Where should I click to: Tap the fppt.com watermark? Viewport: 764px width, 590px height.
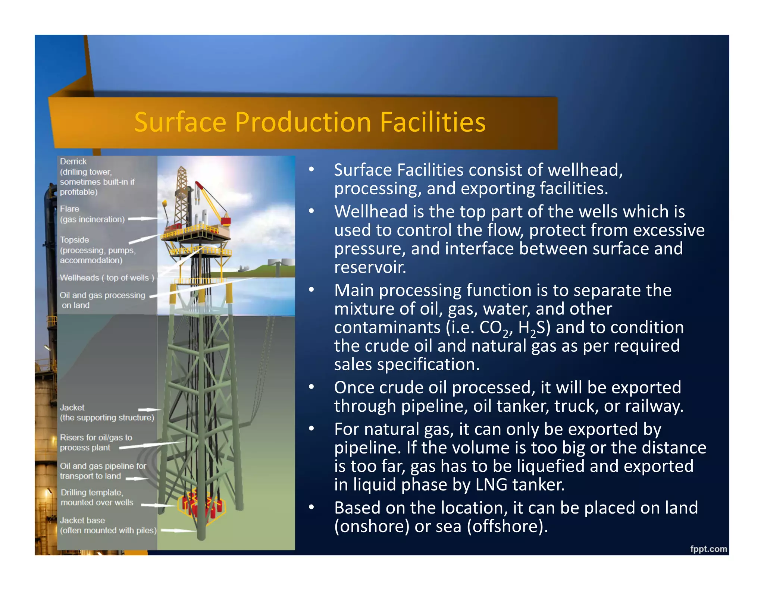[x=708, y=549]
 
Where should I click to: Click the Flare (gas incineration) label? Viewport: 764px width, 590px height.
[x=92, y=214]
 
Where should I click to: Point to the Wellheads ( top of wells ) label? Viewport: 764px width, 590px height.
[x=107, y=278]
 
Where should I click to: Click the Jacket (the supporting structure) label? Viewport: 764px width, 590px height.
[x=107, y=412]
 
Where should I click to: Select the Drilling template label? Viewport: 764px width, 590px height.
[x=97, y=498]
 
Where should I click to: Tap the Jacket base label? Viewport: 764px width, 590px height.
[x=108, y=525]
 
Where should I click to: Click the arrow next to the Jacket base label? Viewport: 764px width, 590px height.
[x=178, y=530]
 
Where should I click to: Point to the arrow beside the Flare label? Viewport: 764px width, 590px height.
[x=143, y=219]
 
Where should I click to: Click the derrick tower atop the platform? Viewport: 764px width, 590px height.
[x=182, y=194]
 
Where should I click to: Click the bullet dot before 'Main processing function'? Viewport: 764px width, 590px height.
[x=311, y=290]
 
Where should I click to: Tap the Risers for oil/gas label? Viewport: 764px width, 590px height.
[x=96, y=442]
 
